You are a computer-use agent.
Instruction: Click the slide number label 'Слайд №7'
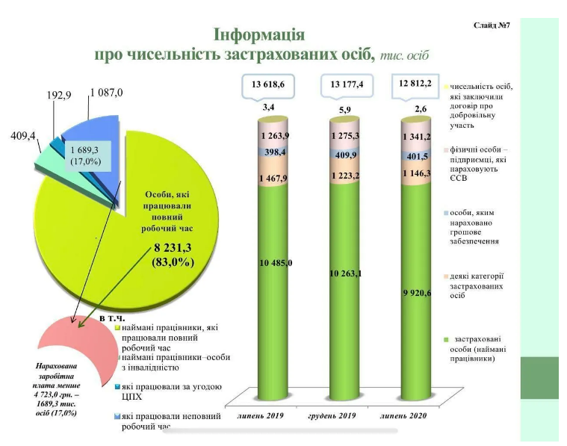coord(491,25)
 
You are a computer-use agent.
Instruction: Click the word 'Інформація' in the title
coord(258,35)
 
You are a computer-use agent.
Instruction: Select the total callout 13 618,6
coord(267,85)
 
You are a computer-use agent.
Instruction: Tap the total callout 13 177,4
coord(346,85)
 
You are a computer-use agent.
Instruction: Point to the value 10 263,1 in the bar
coord(345,273)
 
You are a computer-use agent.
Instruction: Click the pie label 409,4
coord(24,137)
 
